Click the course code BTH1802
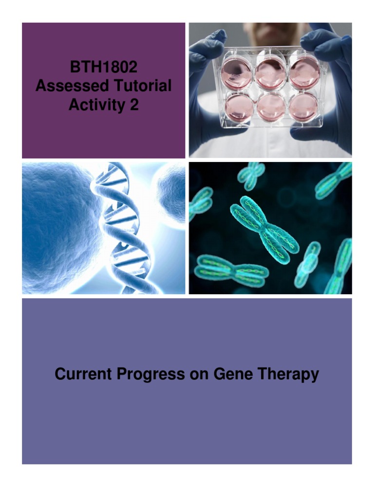103,68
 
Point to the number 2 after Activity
134,105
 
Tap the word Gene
231,374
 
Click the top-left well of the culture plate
237,71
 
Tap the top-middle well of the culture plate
270,72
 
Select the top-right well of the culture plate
305,72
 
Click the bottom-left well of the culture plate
239,107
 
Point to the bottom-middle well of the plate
272,107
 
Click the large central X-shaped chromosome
263,229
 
